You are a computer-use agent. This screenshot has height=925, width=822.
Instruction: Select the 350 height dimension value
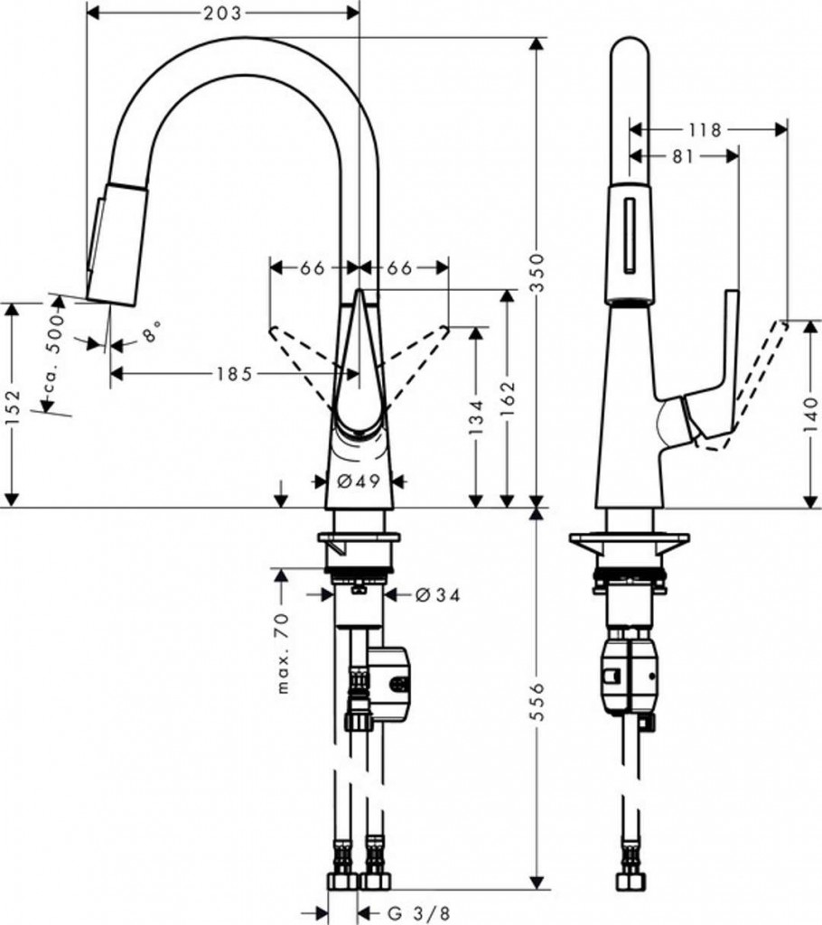(537, 271)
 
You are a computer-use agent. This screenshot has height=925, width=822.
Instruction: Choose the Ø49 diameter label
(358, 481)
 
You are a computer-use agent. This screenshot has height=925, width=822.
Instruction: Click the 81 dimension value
(683, 156)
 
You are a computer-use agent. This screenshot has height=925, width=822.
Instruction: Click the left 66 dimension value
(313, 267)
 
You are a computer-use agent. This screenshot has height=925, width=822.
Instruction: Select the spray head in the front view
(117, 241)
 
